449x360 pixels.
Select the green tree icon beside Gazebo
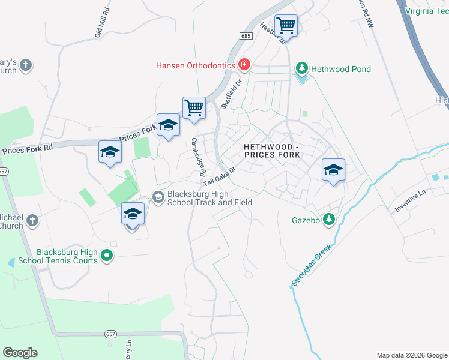tap(328, 220)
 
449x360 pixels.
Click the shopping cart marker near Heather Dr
tap(286, 26)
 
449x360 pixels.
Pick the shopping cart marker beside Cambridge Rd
tap(194, 109)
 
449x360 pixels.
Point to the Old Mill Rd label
tap(102, 23)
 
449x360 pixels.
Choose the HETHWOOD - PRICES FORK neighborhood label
tap(271, 151)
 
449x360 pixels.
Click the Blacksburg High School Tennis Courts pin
tap(107, 256)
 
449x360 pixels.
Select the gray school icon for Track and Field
tap(158, 197)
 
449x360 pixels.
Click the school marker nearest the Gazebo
tap(333, 170)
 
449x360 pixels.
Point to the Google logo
tap(20, 353)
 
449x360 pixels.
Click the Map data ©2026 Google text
tap(412, 355)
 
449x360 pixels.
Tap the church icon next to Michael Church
tap(32, 221)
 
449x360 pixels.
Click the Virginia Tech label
tap(427, 10)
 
